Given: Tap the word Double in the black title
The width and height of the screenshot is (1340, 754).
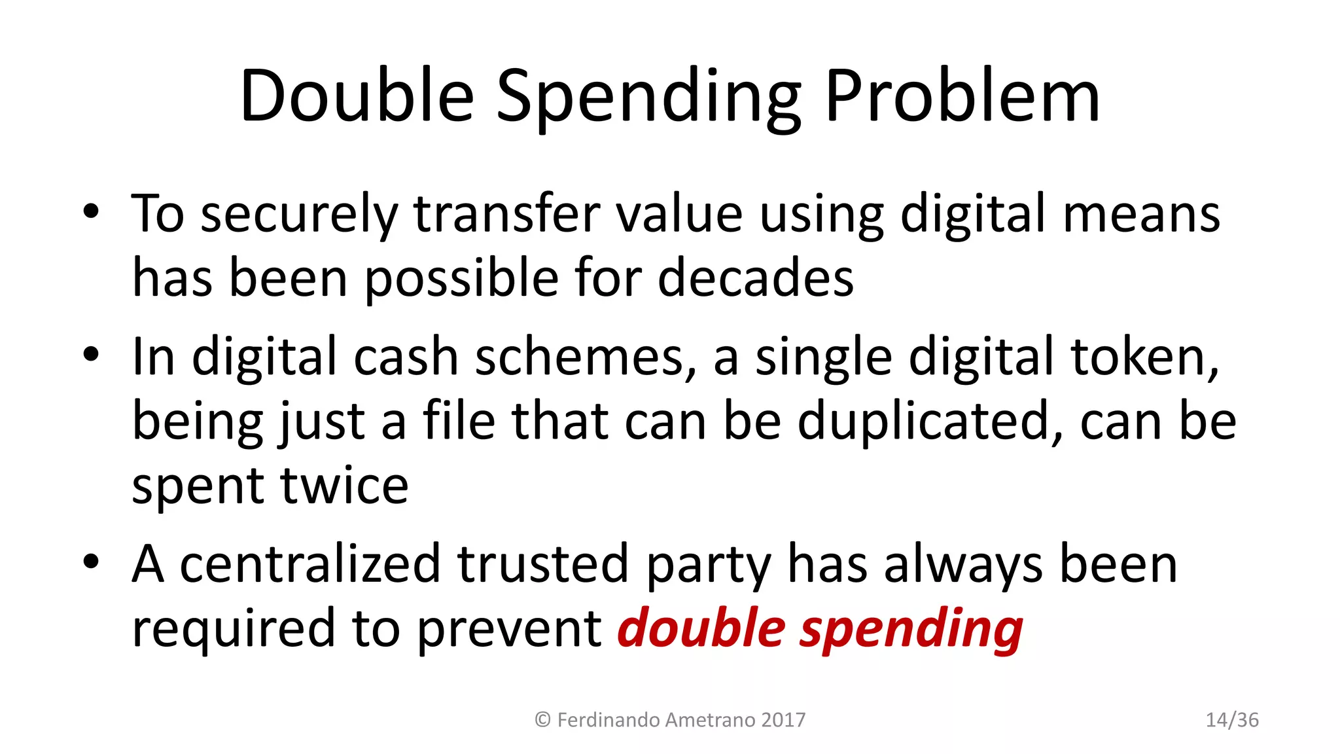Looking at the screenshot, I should (x=357, y=97).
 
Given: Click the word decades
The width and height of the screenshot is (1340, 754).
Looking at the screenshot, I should (x=756, y=278).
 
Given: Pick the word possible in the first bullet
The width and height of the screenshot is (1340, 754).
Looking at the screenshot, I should (x=461, y=279).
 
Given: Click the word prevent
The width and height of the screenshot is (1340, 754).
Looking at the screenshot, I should (x=509, y=629).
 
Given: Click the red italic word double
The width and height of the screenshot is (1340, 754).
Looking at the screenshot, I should (x=701, y=628).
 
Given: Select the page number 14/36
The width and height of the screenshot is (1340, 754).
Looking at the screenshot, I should (x=1232, y=720).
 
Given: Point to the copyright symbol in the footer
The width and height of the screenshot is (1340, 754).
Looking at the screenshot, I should (x=542, y=720).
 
